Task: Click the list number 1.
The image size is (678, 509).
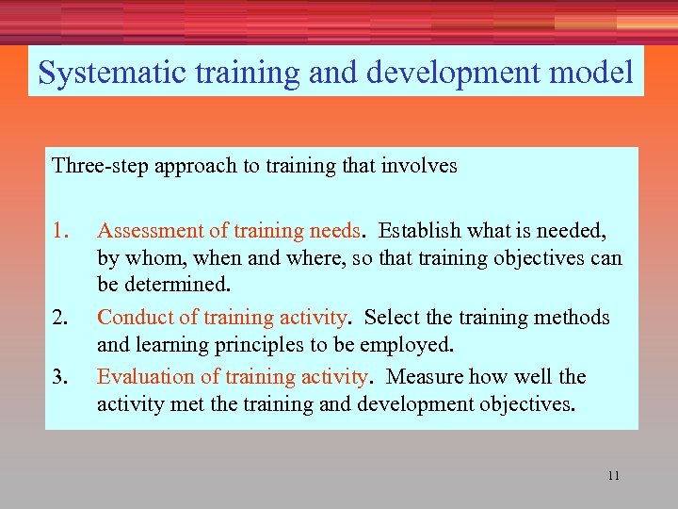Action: pyautogui.click(x=61, y=231)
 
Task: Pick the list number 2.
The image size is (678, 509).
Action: pyautogui.click(x=61, y=318)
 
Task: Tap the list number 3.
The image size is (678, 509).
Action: pyautogui.click(x=61, y=377)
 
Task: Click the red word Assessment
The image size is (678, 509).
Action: pyautogui.click(x=150, y=231)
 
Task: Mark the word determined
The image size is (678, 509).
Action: pyautogui.click(x=183, y=284)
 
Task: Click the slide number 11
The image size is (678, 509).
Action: pyautogui.click(x=614, y=475)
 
